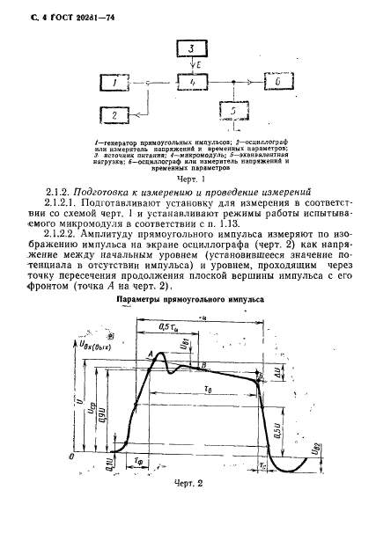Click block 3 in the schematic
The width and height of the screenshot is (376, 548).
192,49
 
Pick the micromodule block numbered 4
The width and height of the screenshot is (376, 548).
190,83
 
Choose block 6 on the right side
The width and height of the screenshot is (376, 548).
276,83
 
